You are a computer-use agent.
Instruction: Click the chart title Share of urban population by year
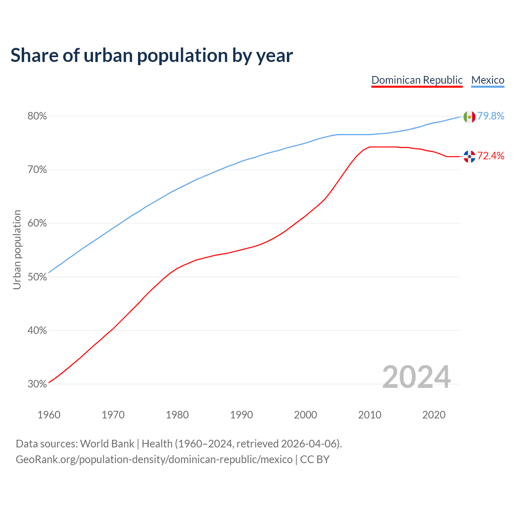pyautogui.click(x=152, y=56)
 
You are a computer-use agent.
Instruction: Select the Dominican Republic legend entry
pyautogui.click(x=417, y=80)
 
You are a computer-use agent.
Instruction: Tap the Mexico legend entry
pyautogui.click(x=488, y=80)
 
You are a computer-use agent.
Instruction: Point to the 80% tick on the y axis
pyautogui.click(x=37, y=116)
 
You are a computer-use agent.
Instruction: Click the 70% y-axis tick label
pyautogui.click(x=37, y=170)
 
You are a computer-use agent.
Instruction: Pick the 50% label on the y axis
pyautogui.click(x=37, y=277)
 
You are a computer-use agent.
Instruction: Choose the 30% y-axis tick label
pyautogui.click(x=37, y=384)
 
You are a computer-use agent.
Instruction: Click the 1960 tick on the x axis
pyautogui.click(x=49, y=415)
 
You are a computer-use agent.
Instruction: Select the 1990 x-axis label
pyautogui.click(x=241, y=415)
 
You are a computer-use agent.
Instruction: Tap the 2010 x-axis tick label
pyautogui.click(x=370, y=415)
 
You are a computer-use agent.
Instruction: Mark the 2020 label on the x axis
pyautogui.click(x=434, y=415)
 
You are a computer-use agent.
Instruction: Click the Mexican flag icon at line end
pyautogui.click(x=470, y=117)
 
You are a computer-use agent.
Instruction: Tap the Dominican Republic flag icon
pyautogui.click(x=470, y=156)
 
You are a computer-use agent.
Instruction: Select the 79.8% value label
pyautogui.click(x=491, y=116)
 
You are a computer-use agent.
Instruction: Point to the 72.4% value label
pyautogui.click(x=491, y=156)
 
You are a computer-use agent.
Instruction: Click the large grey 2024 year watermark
pyautogui.click(x=416, y=377)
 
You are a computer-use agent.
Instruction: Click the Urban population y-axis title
pyautogui.click(x=17, y=249)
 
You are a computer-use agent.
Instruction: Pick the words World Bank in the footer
pyautogui.click(x=107, y=444)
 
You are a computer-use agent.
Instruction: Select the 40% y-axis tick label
pyautogui.click(x=37, y=330)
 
